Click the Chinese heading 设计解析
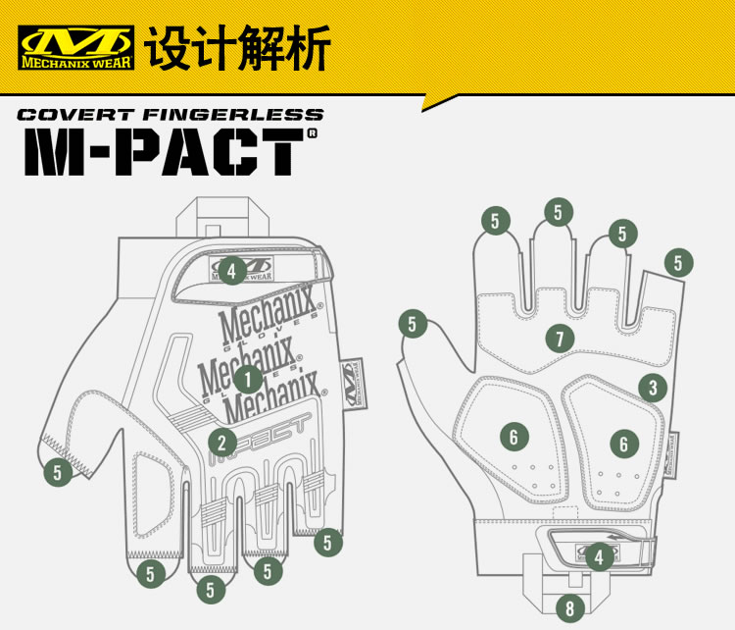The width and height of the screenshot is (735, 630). point(238,47)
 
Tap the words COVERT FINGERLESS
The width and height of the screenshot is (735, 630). point(170,115)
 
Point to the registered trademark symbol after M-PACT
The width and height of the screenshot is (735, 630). point(313,133)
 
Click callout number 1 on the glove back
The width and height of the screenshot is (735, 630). point(248,378)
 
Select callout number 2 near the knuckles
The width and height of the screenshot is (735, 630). point(222,442)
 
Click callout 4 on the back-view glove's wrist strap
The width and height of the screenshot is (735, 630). point(231,270)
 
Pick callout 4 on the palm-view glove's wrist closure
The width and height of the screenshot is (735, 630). point(600,556)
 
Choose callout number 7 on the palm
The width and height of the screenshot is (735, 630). point(560,340)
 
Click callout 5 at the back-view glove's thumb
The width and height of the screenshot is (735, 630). point(58,472)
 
